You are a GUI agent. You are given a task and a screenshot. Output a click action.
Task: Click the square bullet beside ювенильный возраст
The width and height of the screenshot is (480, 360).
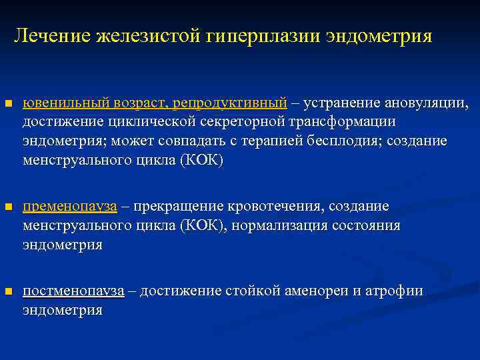8,105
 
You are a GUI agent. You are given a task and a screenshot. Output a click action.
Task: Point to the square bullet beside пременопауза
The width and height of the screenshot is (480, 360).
8,207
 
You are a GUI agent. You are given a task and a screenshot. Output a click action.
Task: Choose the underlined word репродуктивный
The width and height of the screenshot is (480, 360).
229,103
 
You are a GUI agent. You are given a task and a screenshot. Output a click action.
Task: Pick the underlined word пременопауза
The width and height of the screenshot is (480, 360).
70,206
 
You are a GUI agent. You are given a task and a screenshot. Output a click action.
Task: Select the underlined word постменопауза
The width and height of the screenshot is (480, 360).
73,291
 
